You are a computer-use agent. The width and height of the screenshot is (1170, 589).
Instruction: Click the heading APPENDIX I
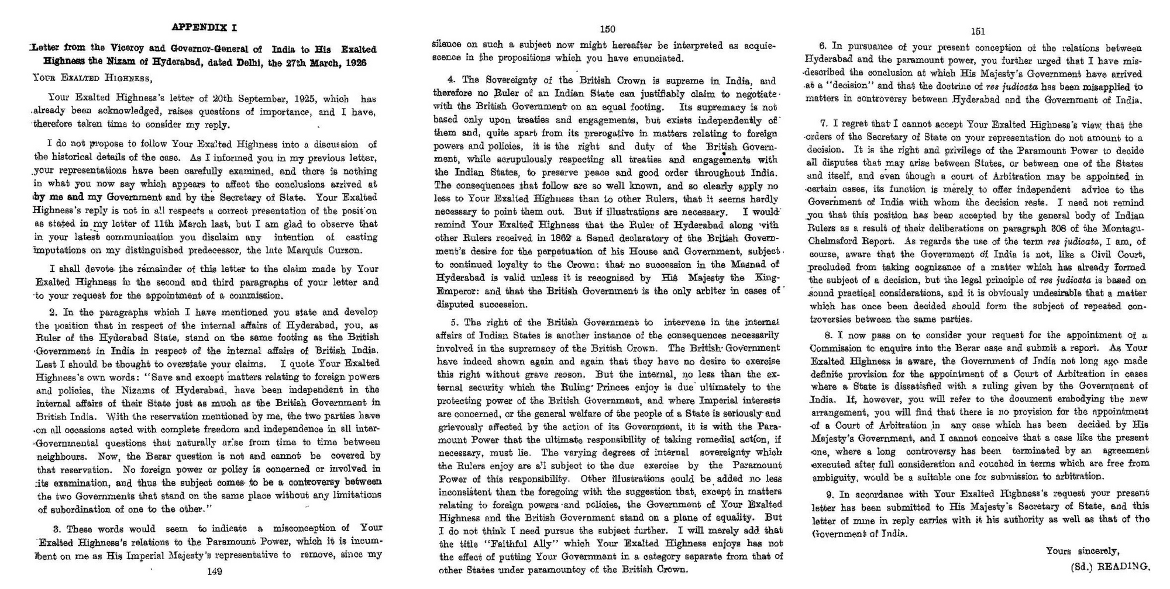point(204,27)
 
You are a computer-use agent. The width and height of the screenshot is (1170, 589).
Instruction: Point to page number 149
point(215,571)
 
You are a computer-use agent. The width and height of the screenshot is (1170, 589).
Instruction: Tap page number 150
point(608,29)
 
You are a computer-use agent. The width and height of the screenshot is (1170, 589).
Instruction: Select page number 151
point(978,32)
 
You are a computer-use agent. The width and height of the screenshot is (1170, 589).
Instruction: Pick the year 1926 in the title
point(355,63)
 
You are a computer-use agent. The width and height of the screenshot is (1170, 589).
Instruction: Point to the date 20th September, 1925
point(260,99)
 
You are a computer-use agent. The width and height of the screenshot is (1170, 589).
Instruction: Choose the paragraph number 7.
point(823,124)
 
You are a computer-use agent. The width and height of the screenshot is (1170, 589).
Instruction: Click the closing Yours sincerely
point(1082,551)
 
